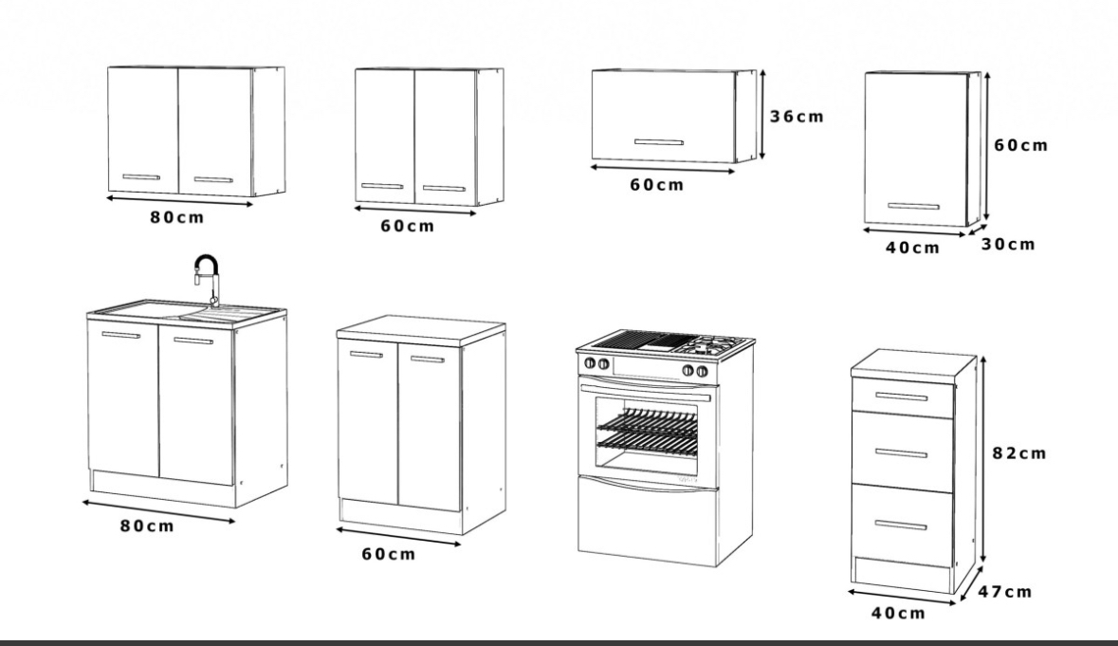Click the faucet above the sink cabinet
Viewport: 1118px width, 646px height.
click(208, 278)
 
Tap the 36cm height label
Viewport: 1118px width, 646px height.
click(797, 117)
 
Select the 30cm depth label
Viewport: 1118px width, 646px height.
click(1007, 244)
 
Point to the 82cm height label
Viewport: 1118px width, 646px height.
click(1018, 452)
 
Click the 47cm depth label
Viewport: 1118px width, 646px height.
click(1004, 591)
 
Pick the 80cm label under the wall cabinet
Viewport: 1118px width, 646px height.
click(176, 217)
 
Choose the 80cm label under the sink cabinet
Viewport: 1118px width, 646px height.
click(147, 526)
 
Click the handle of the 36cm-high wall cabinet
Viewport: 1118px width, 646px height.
click(659, 142)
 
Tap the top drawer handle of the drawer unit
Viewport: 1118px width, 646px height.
click(901, 397)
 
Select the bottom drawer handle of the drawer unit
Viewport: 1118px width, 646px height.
click(901, 526)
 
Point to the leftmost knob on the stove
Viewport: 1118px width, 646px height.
click(590, 363)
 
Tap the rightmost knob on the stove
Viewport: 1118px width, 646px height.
click(702, 371)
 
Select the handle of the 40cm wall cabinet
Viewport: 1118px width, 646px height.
click(913, 206)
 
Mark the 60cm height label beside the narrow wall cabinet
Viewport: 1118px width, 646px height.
click(1021, 145)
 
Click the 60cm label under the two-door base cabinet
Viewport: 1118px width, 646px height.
click(388, 553)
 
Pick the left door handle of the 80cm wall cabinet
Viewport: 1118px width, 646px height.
click(141, 176)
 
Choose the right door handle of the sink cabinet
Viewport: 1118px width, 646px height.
click(193, 341)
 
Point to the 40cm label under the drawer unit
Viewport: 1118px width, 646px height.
click(898, 613)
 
